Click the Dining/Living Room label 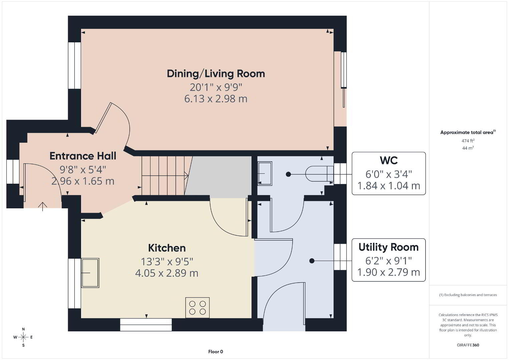click(x=216, y=74)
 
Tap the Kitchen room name click(x=167, y=248)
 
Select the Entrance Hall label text click(x=83, y=156)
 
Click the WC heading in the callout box click(x=389, y=160)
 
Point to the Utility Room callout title click(x=389, y=247)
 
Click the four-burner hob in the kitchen click(x=197, y=308)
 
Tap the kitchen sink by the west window click(x=90, y=273)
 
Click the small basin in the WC click(x=265, y=174)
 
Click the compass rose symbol click(x=23, y=337)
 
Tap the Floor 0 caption click(x=216, y=352)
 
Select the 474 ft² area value click(x=468, y=141)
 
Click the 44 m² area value click(x=468, y=148)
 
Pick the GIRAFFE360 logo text click(x=468, y=345)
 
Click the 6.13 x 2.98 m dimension click(x=216, y=99)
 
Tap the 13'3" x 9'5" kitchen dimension click(x=167, y=262)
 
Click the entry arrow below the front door click(x=42, y=206)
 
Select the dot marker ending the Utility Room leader click(x=312, y=261)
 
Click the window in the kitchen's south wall click(x=146, y=325)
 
